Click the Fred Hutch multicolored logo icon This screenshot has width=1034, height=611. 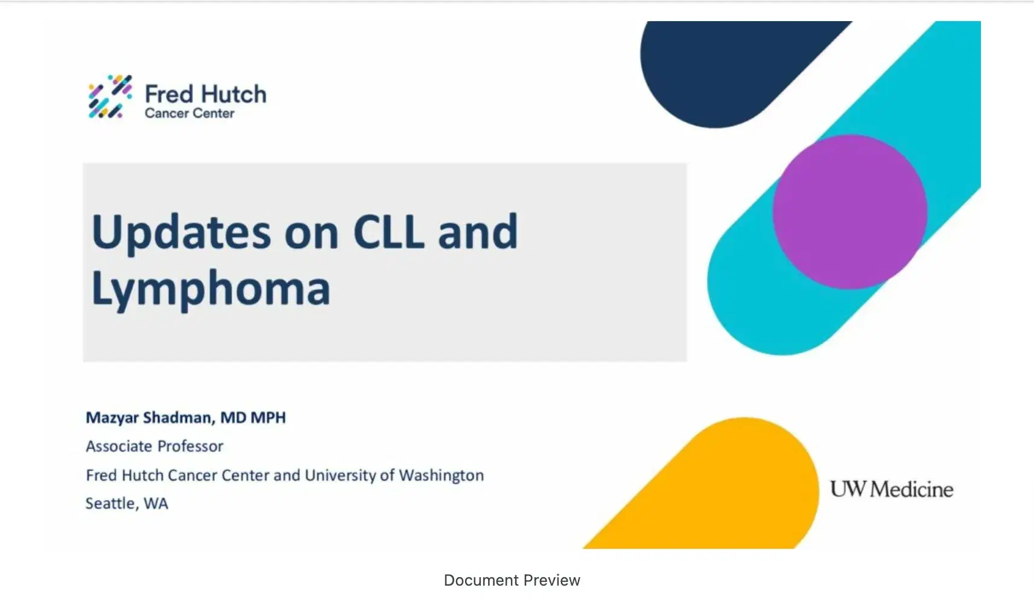click(x=110, y=97)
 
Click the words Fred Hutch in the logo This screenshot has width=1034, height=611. click(x=205, y=94)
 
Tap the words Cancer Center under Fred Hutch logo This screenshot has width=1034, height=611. click(x=189, y=114)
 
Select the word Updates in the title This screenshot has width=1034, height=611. click(x=181, y=233)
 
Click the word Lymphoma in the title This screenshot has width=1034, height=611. click(x=211, y=289)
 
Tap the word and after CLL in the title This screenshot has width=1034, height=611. click(x=478, y=232)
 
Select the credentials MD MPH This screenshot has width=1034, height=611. click(x=253, y=418)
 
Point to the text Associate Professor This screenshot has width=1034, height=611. click(x=154, y=446)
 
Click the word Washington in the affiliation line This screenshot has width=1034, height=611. click(x=441, y=476)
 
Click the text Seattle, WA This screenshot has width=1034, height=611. click(x=127, y=504)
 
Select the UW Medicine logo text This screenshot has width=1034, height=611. click(x=891, y=489)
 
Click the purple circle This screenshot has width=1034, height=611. click(x=849, y=211)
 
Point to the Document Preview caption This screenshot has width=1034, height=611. click(x=512, y=580)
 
